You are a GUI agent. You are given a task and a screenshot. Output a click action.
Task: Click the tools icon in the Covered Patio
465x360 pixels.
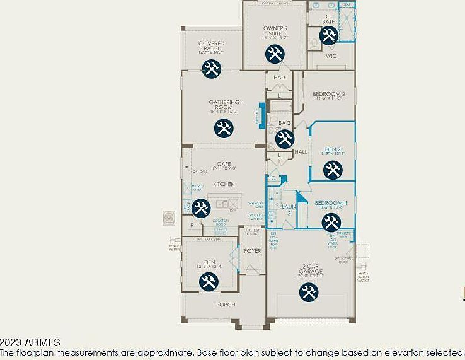tap(211, 69)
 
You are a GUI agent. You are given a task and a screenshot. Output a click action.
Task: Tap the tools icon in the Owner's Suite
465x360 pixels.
tap(274, 55)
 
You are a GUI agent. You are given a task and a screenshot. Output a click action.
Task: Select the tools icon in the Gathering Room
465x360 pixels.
tap(224, 129)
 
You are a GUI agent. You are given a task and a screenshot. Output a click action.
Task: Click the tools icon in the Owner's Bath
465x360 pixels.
tap(328, 36)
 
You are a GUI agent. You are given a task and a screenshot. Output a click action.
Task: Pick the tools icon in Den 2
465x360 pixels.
tap(332, 170)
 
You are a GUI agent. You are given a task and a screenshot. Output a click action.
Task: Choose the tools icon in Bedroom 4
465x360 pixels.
tap(331, 222)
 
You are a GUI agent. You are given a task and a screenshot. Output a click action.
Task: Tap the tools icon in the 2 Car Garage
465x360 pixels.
tap(308, 292)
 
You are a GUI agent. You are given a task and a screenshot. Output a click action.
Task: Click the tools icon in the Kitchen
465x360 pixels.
tap(201, 207)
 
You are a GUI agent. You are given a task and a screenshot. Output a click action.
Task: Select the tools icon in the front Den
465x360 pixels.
tap(209, 281)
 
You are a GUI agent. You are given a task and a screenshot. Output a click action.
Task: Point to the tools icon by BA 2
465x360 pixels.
tap(284, 138)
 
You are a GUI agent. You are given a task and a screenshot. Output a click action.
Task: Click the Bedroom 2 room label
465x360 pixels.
tap(329, 95)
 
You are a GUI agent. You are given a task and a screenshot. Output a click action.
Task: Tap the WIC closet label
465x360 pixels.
tap(331, 56)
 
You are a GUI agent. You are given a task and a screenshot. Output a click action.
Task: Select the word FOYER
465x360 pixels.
tap(253, 251)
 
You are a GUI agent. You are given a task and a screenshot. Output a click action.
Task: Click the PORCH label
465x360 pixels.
tap(226, 305)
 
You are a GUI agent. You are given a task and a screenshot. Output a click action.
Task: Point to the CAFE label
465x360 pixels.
tap(224, 164)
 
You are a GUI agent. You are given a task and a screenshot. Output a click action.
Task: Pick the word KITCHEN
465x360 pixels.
tap(224, 184)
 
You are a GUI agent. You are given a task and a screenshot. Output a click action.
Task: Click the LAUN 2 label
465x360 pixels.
tap(289, 209)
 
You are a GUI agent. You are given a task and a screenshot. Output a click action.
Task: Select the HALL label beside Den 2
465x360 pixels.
tap(301, 152)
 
